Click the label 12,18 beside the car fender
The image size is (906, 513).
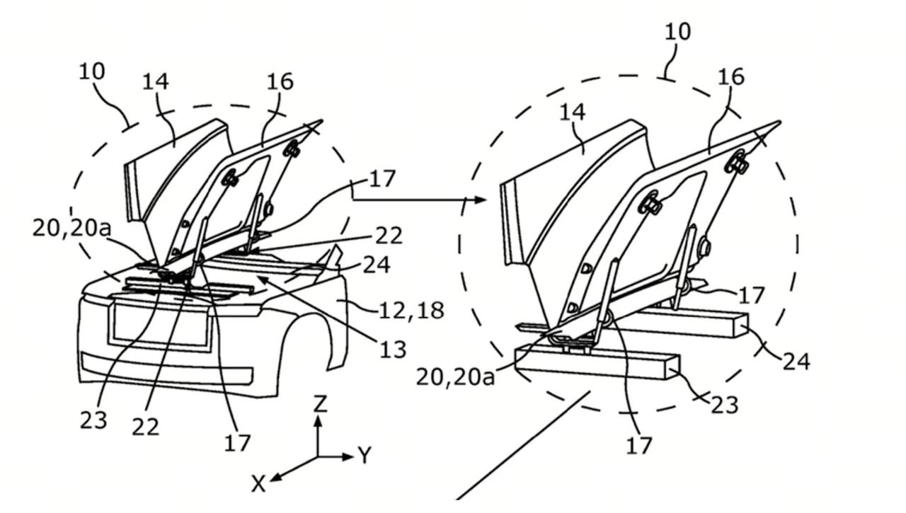pos(411,311)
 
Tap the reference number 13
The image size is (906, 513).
pos(393,350)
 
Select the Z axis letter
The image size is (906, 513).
pos(320,403)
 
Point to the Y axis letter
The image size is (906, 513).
pos(365,455)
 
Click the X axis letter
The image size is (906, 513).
pos(258,483)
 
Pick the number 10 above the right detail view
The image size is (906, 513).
pos(678,32)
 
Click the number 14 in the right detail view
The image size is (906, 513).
pos(573,112)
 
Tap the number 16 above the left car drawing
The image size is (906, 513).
pos(280,81)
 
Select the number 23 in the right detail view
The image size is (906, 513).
pos(724,405)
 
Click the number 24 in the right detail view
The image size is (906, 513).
pos(796,361)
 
